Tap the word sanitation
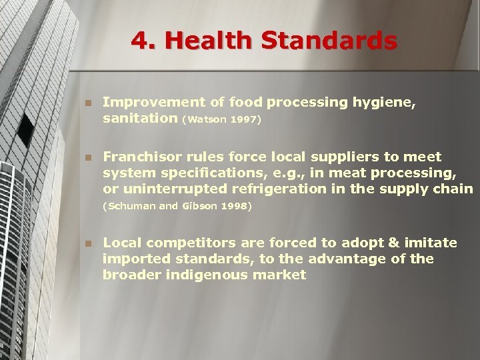coord(140,119)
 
